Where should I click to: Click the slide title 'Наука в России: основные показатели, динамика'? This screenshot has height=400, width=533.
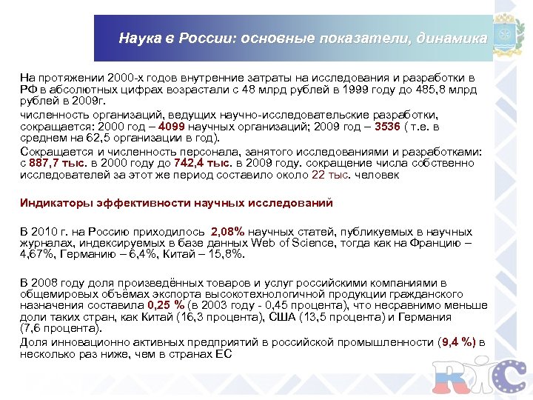[x=303, y=39]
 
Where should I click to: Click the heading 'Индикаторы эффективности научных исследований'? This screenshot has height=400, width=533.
[x=176, y=203]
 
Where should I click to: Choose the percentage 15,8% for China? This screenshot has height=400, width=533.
[x=224, y=253]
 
